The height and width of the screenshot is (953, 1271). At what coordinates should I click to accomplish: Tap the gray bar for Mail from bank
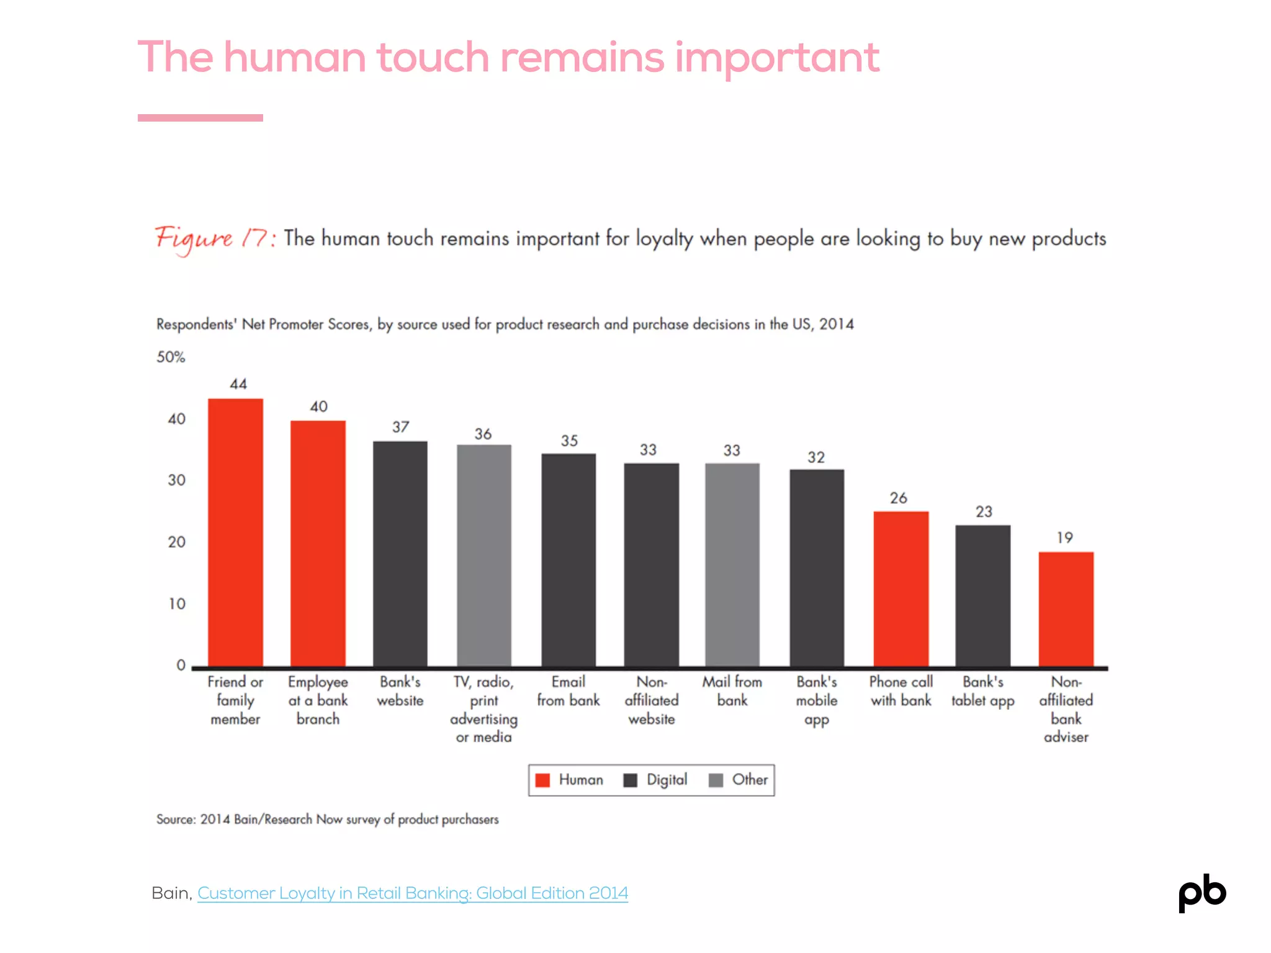(732, 565)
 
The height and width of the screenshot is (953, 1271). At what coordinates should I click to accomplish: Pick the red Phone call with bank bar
(900, 589)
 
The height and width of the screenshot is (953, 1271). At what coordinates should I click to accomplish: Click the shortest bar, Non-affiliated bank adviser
(1066, 609)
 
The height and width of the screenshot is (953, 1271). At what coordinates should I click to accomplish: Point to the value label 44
(238, 384)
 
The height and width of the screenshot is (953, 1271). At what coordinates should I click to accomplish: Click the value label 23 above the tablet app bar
(984, 512)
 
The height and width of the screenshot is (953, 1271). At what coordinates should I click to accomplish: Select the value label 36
(483, 434)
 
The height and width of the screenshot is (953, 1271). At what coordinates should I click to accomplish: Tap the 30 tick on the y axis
(177, 480)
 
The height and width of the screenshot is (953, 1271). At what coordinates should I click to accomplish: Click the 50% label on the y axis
(171, 357)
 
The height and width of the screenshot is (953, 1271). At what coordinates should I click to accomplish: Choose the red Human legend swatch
(542, 781)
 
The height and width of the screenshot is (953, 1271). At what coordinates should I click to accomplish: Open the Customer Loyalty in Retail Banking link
(412, 893)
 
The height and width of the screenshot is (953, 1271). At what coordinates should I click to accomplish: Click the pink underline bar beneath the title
(200, 118)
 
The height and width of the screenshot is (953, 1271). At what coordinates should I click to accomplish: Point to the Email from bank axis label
(568, 691)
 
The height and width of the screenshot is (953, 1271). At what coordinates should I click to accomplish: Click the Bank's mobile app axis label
(816, 700)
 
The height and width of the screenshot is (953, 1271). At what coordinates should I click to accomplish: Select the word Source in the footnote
(176, 820)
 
